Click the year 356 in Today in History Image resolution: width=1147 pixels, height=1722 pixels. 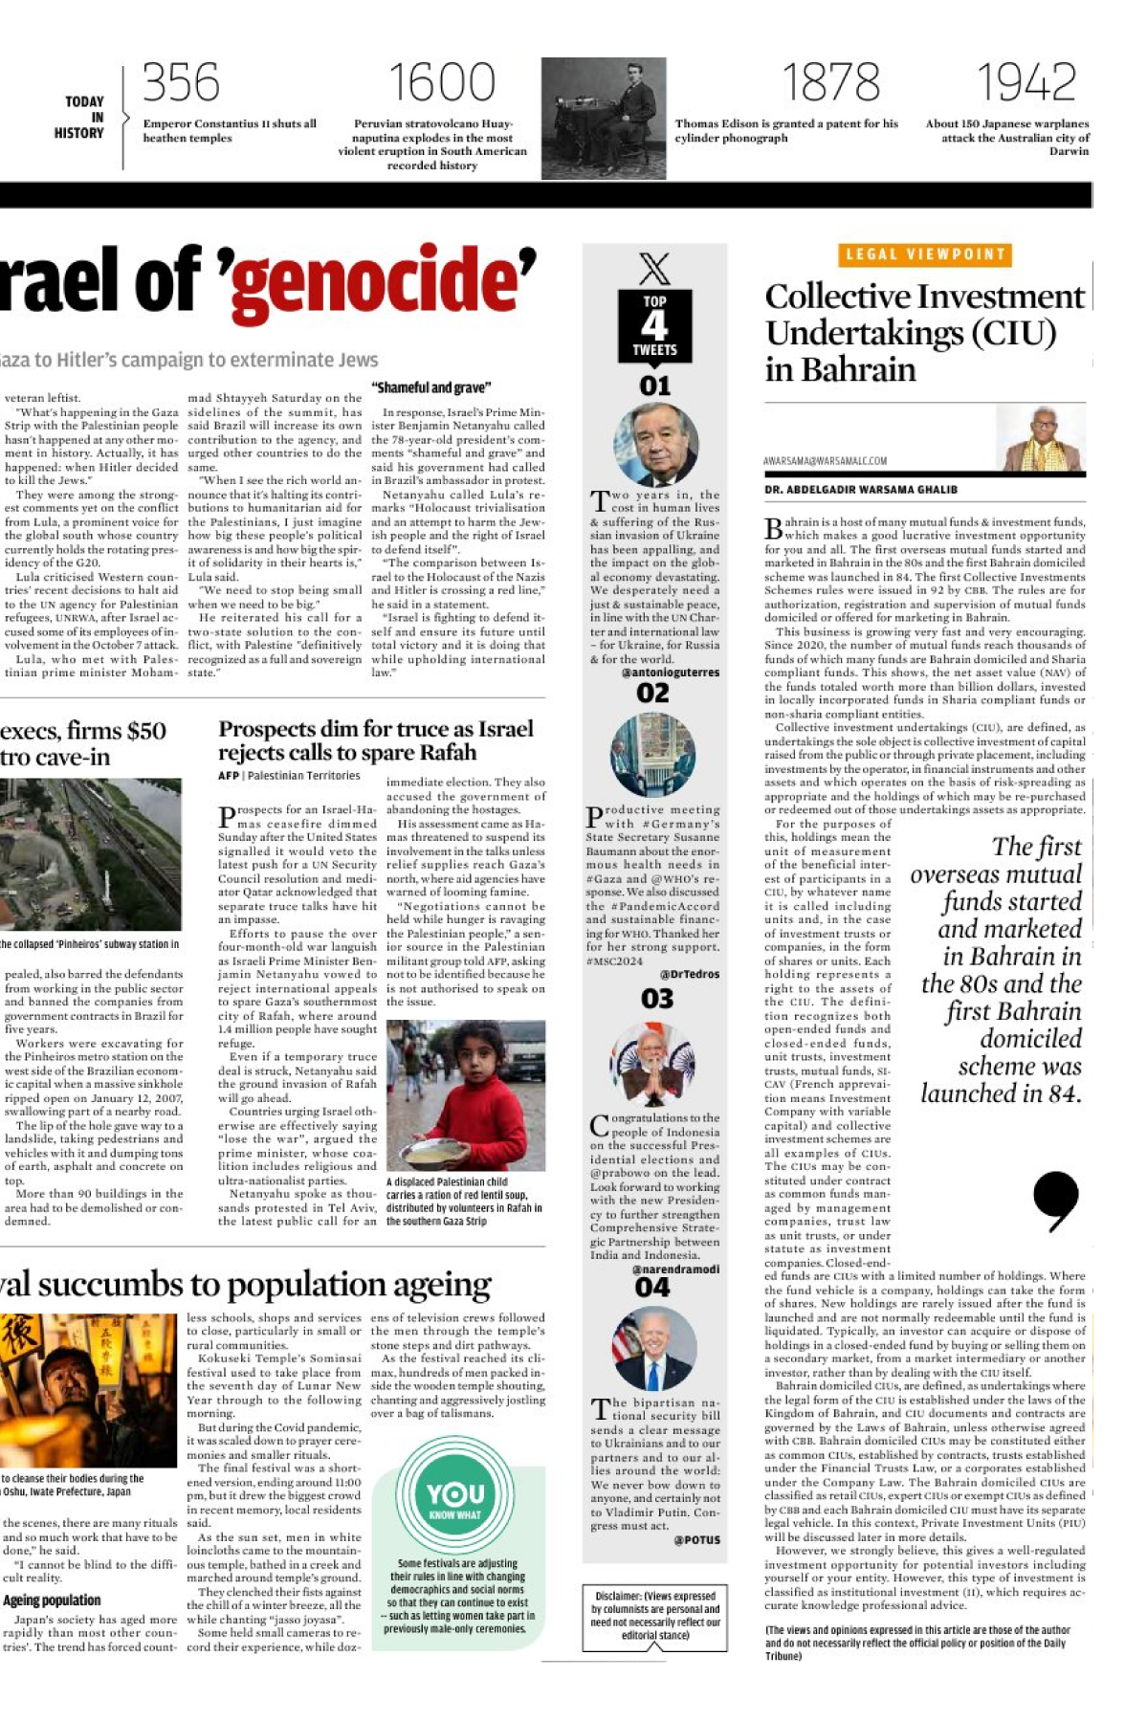pos(181,83)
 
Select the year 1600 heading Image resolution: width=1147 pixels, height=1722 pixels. pos(441,83)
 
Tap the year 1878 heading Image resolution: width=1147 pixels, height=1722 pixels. pos(830,83)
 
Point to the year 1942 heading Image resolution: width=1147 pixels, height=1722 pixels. pos(1026,83)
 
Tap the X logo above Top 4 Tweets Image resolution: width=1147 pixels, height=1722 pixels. pos(654,268)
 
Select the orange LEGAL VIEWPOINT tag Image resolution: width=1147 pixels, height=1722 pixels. pos(924,254)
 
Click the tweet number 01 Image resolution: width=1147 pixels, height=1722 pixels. pos(654,386)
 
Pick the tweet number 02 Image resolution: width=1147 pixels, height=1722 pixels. pos(653,693)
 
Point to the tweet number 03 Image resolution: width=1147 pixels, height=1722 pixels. pos(656,999)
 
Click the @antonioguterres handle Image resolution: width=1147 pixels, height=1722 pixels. pos(670,673)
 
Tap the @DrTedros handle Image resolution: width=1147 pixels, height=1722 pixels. pos(689,974)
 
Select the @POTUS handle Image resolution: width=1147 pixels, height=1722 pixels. pos(696,1539)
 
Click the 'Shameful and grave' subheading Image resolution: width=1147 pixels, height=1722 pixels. pos(430,387)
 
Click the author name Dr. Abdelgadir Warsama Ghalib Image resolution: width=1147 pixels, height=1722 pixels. pos(861,490)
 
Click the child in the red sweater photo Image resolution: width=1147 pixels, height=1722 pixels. pos(466,1095)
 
